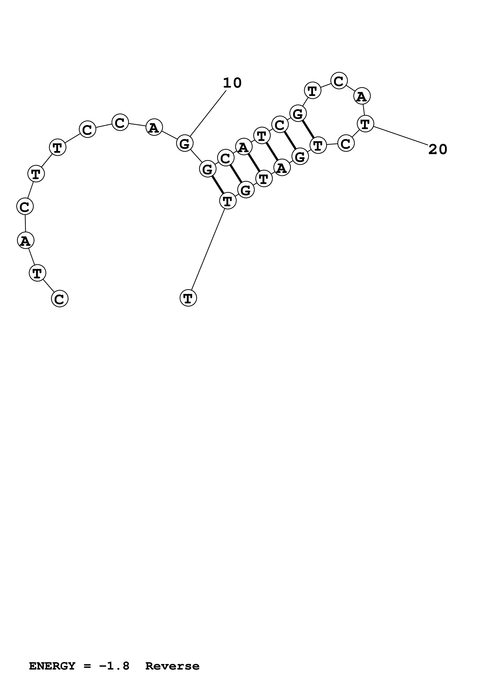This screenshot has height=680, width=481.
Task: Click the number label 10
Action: point(232,83)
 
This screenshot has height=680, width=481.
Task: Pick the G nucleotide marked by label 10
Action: point(185,144)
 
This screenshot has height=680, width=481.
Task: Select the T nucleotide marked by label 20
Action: point(365,124)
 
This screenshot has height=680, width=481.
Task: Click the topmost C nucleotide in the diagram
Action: point(339,81)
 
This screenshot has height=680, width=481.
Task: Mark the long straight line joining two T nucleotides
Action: point(208,250)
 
